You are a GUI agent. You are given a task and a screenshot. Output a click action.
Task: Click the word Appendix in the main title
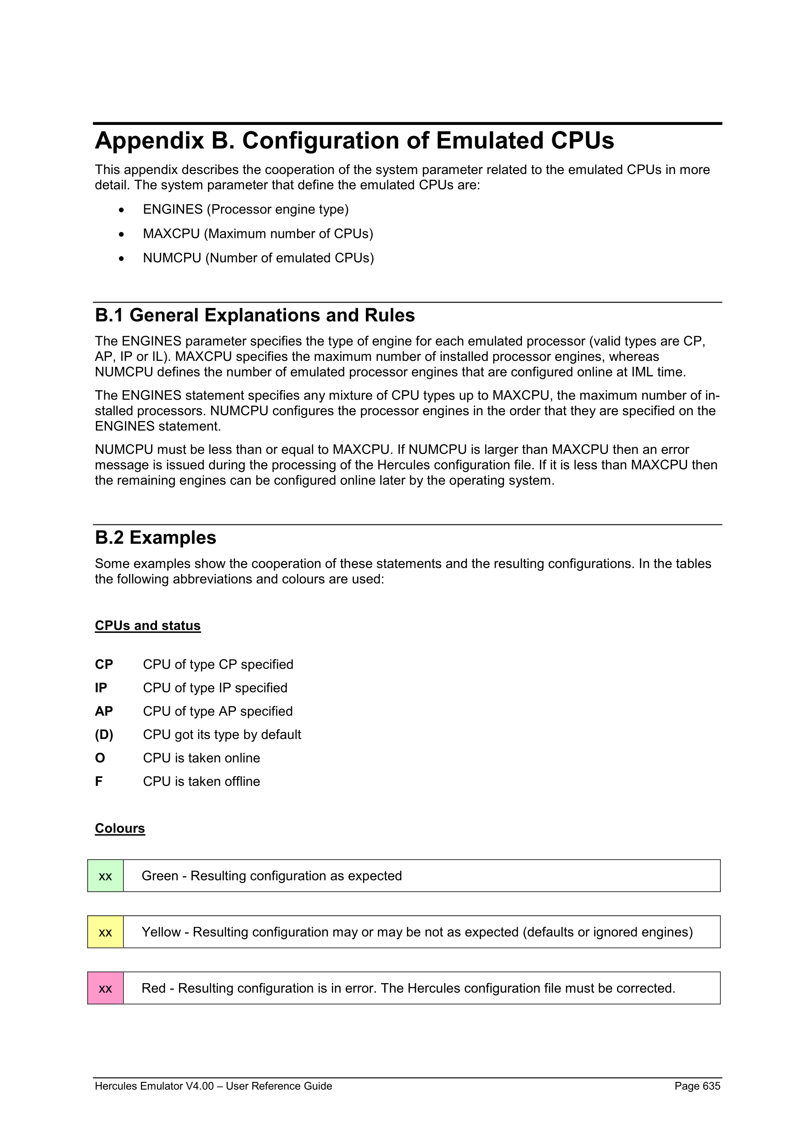tap(150, 141)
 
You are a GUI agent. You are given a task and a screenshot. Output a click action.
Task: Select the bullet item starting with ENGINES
tap(246, 209)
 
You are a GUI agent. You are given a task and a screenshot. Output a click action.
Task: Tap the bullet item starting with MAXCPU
tap(258, 234)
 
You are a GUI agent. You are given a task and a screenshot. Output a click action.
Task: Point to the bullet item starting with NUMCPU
tap(258, 258)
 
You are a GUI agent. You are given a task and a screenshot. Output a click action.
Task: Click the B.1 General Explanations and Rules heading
tap(255, 315)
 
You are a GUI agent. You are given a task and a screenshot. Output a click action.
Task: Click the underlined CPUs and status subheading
tap(147, 626)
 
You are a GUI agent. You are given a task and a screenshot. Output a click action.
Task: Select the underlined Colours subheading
tap(120, 828)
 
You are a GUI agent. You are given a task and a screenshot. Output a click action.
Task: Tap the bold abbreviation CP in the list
tap(104, 664)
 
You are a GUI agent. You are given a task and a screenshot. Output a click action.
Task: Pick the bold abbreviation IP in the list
tap(101, 688)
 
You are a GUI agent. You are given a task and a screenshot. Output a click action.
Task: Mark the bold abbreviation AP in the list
tap(104, 711)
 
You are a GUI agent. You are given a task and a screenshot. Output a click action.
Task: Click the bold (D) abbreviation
tap(104, 735)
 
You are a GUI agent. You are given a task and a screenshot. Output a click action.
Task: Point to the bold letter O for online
tap(100, 758)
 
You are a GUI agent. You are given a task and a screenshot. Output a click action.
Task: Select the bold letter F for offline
tap(99, 781)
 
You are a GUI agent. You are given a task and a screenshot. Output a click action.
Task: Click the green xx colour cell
tap(106, 876)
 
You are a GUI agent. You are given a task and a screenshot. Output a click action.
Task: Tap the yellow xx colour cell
tap(106, 932)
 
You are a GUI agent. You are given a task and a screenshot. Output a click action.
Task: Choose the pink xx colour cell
tap(106, 988)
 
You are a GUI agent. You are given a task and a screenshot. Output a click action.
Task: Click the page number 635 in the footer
tap(711, 1086)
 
